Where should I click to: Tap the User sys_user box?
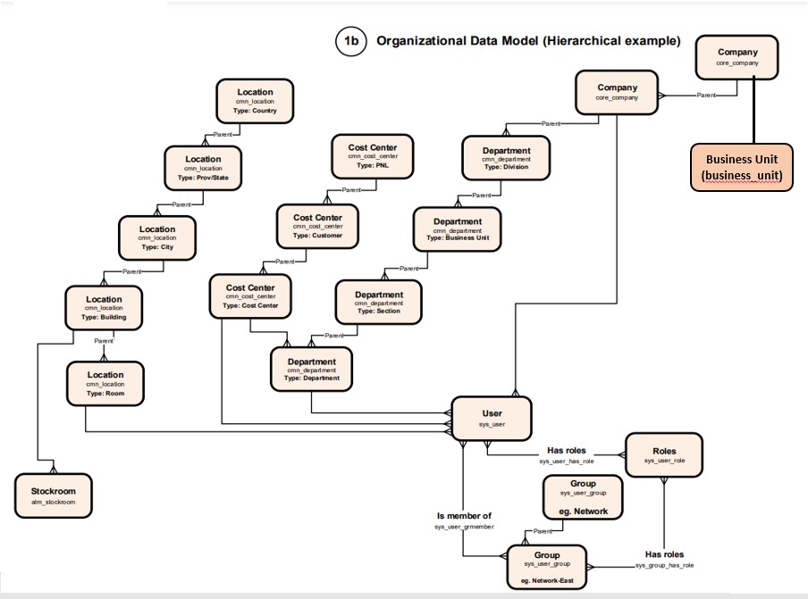492,418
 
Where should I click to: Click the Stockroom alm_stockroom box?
54,496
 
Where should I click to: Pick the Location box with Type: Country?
255,102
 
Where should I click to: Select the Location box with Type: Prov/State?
203,168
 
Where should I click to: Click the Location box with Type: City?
156,237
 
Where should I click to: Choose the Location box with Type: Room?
105,383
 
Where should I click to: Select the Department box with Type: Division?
506,158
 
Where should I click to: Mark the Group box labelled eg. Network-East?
546,567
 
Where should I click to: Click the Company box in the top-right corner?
736,58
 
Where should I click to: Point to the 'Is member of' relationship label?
463,515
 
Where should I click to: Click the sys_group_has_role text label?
664,565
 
